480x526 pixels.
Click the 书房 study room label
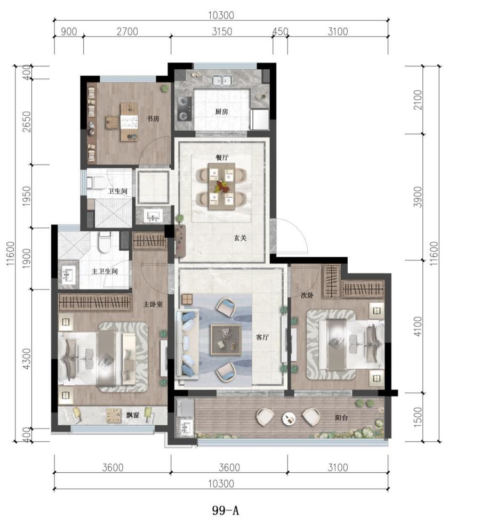153,118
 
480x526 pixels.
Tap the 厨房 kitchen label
221,111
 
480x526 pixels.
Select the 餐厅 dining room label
222,157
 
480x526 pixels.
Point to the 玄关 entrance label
241,238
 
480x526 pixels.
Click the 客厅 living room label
262,337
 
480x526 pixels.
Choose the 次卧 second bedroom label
307,295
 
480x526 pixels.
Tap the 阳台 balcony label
341,418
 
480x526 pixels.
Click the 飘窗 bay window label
133,415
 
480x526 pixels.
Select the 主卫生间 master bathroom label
105,271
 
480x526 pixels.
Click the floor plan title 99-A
225,510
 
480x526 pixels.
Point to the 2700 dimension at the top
127,31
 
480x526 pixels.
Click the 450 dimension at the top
281,31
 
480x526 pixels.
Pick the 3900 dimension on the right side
418,197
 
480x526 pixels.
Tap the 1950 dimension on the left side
27,196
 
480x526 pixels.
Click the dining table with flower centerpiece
221,186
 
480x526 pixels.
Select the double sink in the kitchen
222,80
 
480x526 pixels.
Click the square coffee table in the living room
226,340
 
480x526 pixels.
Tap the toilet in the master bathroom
105,242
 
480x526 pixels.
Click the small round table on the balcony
289,418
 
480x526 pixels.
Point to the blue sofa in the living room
187,344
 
